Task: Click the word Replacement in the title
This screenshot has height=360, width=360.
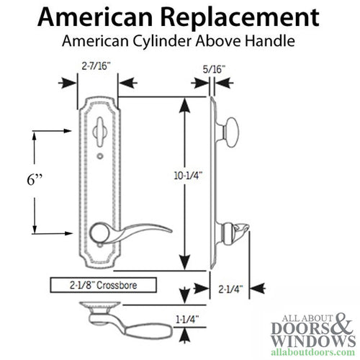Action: [242, 18]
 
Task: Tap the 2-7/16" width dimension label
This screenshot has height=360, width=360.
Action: [96, 66]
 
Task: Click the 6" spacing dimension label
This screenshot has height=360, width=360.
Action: [35, 179]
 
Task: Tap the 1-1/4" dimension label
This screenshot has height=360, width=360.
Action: [188, 320]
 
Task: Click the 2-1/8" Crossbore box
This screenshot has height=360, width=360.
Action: [104, 285]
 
